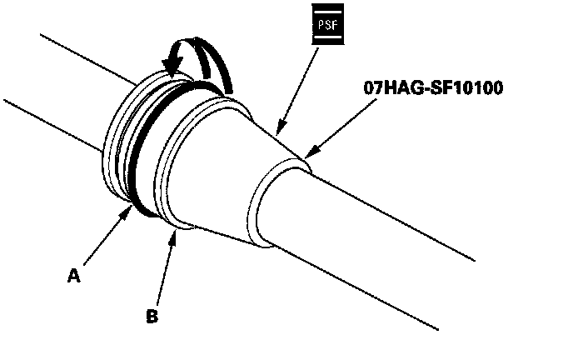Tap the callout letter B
152,316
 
